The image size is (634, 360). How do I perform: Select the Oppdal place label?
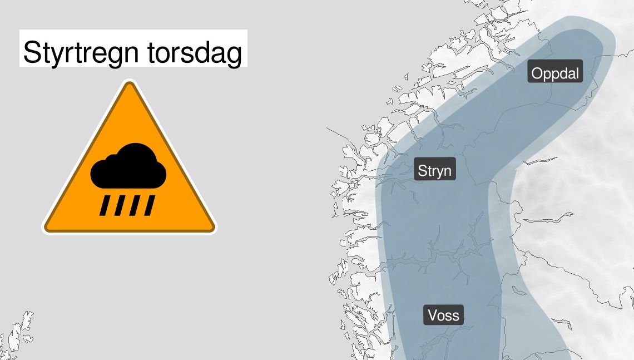[555, 73]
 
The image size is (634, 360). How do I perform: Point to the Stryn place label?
[435, 170]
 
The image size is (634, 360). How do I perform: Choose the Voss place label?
[444, 315]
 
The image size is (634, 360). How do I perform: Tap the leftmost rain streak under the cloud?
[105, 206]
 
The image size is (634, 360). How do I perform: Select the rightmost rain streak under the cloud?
[148, 206]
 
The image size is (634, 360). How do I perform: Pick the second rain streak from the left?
[119, 206]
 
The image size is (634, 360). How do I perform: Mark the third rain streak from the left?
[134, 206]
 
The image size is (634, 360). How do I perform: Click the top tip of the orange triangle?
[130, 85]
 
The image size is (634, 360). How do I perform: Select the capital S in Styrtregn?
[32, 53]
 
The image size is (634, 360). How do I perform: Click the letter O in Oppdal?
[537, 73]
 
